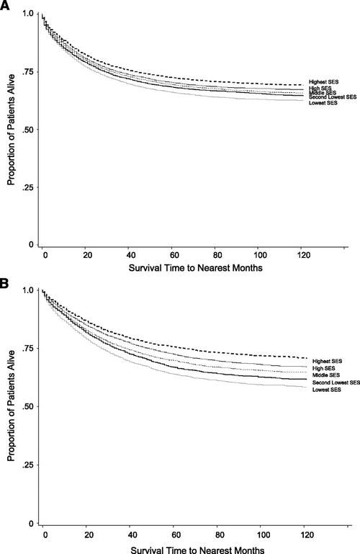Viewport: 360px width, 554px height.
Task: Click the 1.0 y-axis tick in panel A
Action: coord(27,14)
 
